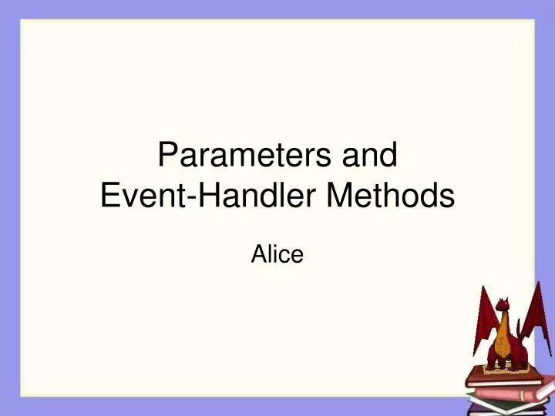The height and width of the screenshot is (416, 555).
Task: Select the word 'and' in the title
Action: pos(369,156)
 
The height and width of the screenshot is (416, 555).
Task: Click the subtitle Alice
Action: pos(277,254)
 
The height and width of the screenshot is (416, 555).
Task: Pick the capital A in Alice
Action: pos(258,254)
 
